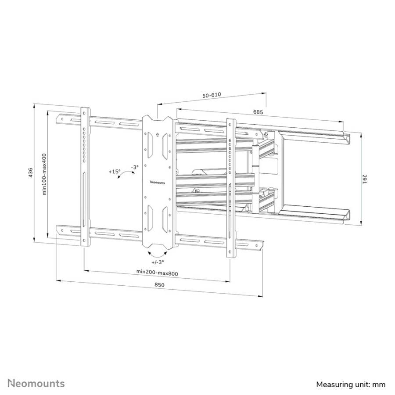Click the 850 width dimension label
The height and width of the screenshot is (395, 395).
(159, 285)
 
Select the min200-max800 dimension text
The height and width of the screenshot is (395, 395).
(157, 273)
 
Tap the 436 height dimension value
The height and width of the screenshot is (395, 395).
(30, 173)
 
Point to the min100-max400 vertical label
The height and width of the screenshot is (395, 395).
(44, 174)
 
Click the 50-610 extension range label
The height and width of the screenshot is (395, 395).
(212, 95)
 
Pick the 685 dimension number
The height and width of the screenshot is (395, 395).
(258, 111)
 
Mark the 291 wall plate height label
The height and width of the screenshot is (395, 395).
(365, 179)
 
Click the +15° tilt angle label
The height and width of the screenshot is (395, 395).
(115, 172)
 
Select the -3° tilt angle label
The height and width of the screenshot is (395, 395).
(135, 167)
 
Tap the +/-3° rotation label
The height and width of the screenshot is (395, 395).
(158, 262)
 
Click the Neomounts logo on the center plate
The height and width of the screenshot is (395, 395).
(158, 182)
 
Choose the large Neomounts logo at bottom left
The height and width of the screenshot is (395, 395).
(36, 384)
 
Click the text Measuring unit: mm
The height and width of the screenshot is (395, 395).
(351, 384)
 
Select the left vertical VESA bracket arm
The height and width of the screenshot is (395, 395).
(85, 176)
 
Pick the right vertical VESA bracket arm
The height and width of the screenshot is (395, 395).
(231, 188)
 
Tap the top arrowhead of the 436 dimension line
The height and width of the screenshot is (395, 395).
(34, 105)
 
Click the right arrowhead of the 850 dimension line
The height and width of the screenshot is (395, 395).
(261, 296)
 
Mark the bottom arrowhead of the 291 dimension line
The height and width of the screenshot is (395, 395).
(361, 224)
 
